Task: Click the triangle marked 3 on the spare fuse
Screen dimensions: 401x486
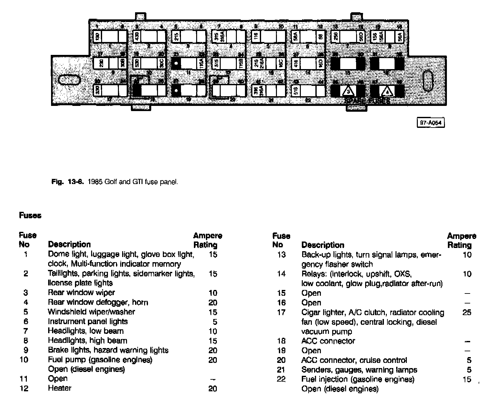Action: pos(348,92)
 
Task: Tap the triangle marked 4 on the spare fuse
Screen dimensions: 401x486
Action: pos(387,92)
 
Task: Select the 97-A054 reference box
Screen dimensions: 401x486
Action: pos(431,123)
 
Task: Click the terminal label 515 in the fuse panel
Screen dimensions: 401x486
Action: pos(216,63)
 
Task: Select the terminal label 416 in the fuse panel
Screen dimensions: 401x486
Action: pos(295,63)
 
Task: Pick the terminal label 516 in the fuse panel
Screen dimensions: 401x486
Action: pos(295,91)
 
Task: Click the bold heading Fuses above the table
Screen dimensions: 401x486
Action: pos(30,215)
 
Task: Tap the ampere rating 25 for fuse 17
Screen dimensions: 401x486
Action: pos(467,312)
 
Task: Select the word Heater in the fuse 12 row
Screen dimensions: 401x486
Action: pos(59,388)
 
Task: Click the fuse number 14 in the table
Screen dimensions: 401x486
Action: pos(281,274)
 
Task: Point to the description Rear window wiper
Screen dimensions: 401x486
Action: pos(81,293)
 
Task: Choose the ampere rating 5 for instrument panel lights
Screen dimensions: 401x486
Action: pos(215,322)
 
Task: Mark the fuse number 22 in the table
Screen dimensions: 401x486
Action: pos(281,379)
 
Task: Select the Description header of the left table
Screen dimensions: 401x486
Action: pos(69,244)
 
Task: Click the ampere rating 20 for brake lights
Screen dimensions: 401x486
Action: pos(213,350)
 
